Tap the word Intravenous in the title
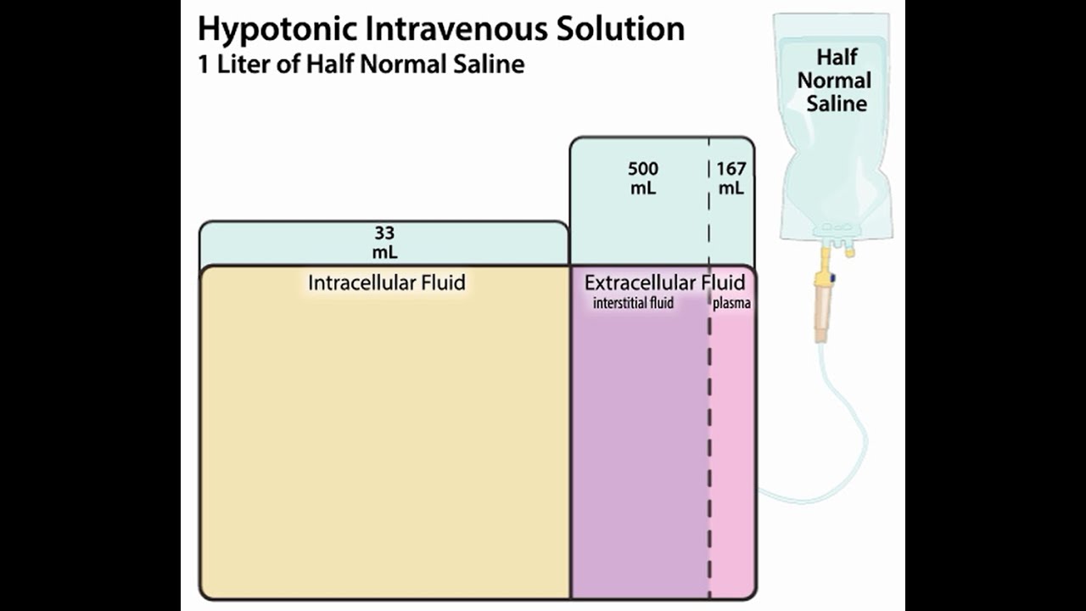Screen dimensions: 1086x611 click(456, 29)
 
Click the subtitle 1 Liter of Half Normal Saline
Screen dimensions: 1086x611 click(361, 64)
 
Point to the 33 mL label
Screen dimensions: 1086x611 click(384, 243)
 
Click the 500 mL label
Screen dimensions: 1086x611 click(643, 178)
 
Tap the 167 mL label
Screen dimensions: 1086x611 click(731, 178)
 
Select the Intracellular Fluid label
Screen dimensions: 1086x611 click(387, 283)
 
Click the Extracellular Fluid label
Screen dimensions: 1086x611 click(664, 283)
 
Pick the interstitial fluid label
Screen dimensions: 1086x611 click(633, 303)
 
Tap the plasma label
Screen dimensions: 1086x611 click(731, 304)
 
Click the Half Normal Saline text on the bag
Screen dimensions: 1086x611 click(835, 81)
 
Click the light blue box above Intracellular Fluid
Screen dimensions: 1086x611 click(384, 243)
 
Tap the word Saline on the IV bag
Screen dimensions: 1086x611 click(837, 104)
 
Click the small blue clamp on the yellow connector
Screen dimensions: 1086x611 click(832, 278)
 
